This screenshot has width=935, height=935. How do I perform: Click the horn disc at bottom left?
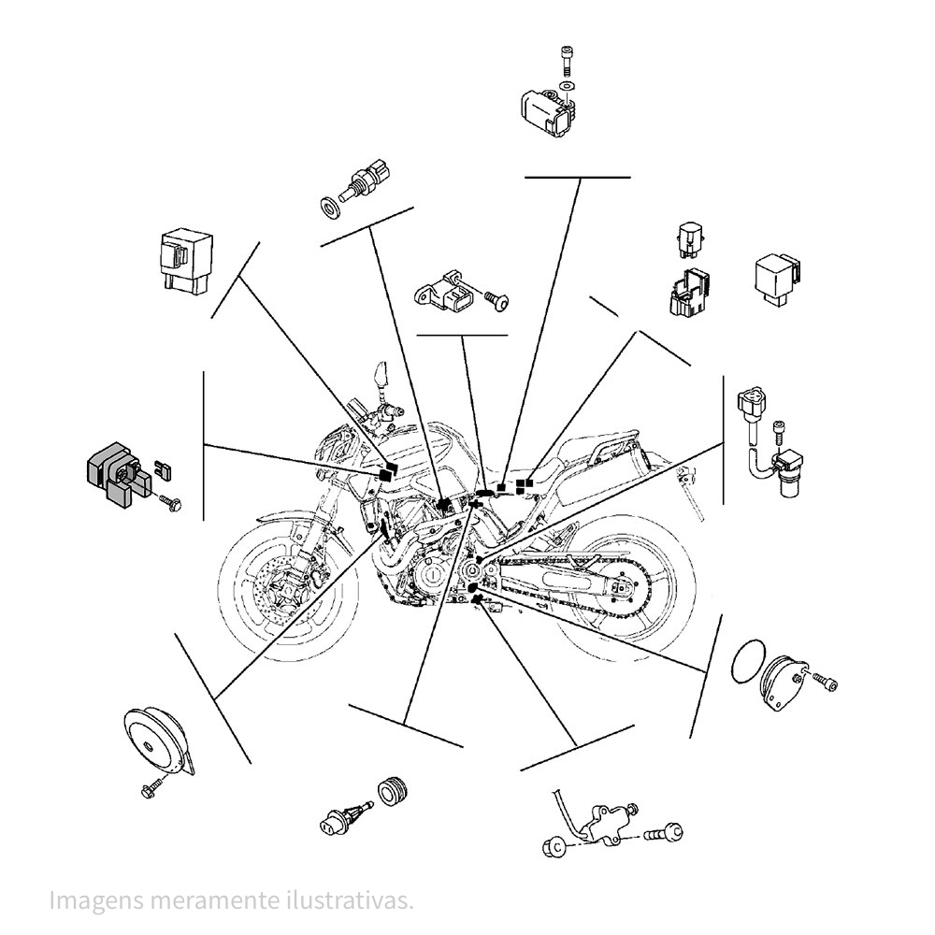(155, 741)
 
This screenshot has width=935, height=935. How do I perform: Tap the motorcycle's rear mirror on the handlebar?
(380, 374)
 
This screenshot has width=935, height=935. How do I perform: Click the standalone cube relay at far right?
(778, 278)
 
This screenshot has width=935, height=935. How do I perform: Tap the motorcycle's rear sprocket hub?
(622, 587)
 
